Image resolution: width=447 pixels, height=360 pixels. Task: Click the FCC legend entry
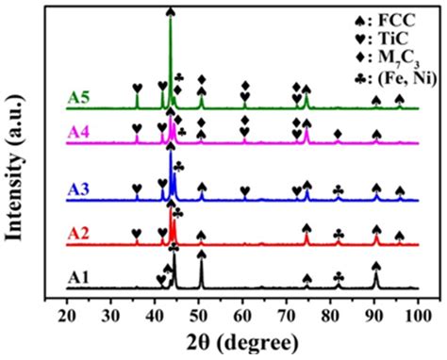click(x=373, y=20)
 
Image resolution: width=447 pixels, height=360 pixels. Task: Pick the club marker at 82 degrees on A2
click(x=339, y=233)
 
